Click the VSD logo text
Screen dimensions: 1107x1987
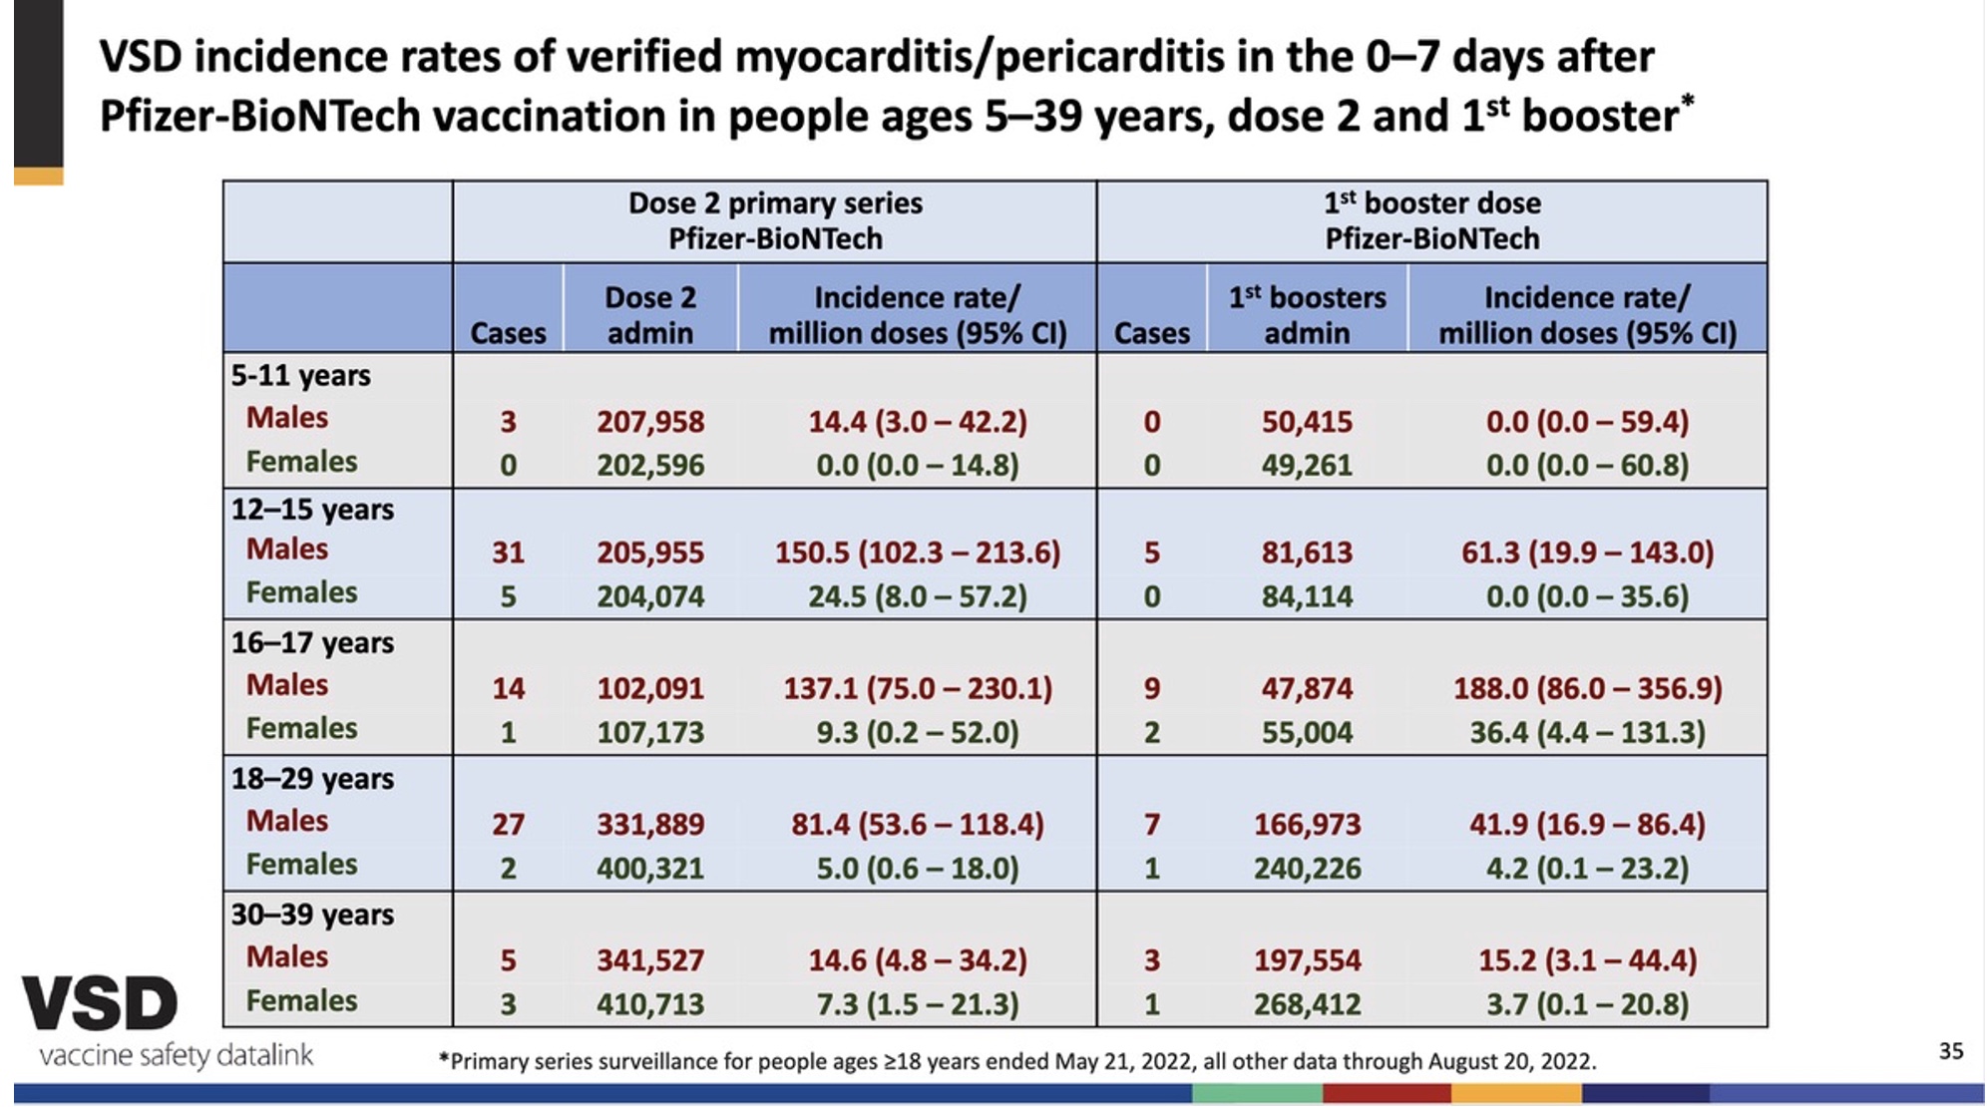tap(100, 1003)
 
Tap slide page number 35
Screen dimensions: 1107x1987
tap(1950, 1050)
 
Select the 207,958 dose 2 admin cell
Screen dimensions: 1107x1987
tap(650, 422)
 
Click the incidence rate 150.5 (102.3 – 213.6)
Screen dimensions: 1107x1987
tap(917, 553)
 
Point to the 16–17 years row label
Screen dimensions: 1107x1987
tap(312, 643)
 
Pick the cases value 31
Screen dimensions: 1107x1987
tap(508, 553)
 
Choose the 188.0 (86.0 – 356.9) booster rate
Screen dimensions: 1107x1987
tap(1587, 688)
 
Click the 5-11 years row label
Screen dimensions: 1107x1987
tap(300, 376)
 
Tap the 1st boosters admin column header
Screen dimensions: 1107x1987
tap(1307, 314)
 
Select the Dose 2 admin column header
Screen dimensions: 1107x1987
tap(650, 314)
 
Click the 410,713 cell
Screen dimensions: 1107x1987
tap(650, 1004)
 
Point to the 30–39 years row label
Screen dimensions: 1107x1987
tap(312, 915)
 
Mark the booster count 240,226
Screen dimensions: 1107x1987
tap(1307, 869)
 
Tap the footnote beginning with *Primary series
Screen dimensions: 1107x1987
tap(1017, 1061)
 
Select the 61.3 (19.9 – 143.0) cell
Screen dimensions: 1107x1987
tap(1587, 553)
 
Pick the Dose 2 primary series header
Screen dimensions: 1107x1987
tap(775, 220)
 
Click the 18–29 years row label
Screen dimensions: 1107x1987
tap(312, 779)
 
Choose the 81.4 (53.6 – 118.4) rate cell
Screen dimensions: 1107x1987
tap(917, 825)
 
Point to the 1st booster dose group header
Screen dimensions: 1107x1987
tap(1431, 220)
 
